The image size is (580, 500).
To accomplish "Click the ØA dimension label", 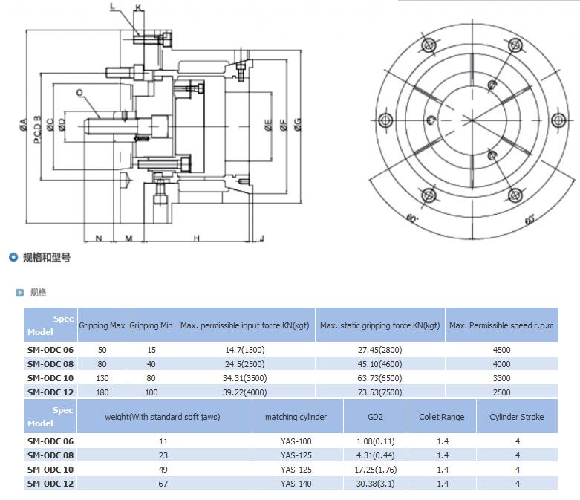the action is pos(23,125).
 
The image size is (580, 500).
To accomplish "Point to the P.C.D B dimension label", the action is pos(37,129).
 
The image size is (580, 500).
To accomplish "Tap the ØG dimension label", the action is pos(297,125).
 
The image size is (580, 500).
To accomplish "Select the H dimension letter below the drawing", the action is pos(196,238).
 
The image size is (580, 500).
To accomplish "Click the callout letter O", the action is pos(79,93).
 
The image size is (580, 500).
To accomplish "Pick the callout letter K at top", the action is pos(138,7).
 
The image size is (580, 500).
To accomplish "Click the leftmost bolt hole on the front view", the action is pos(385,120).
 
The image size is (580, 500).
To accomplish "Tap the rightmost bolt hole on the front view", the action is pos(558,120).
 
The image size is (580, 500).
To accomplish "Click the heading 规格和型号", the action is pos(47,258).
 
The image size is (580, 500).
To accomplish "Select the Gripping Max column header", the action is pos(102,325).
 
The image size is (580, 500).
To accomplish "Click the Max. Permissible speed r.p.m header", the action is pos(501,325).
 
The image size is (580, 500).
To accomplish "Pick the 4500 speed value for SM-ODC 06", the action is pos(501,350).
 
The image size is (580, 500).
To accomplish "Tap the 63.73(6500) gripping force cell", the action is pos(379,378).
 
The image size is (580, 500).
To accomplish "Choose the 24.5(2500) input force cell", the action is pos(244,364).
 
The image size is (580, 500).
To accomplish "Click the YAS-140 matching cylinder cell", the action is pos(296,484).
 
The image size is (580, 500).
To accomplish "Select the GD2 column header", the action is pos(375,417).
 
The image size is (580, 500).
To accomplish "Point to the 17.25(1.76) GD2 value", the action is pos(376,470).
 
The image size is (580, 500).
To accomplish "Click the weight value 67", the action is pos(163,484).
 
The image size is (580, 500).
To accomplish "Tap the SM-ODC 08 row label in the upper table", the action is pos(50,364).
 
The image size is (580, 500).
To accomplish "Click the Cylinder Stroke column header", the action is pos(516,417).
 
